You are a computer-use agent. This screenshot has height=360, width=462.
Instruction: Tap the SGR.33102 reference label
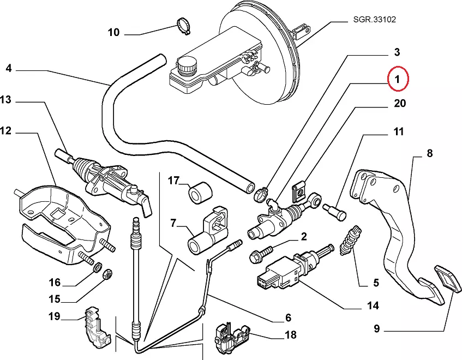click(371, 20)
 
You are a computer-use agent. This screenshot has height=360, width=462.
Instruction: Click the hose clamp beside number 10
click(183, 25)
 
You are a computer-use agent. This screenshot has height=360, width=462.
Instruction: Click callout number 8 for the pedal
click(430, 154)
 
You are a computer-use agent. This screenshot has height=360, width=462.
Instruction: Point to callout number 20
click(399, 104)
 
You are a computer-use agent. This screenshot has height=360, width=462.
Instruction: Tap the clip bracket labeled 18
click(230, 335)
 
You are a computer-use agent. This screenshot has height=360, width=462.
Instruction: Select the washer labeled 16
click(97, 267)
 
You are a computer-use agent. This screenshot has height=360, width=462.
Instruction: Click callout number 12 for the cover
click(6, 131)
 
